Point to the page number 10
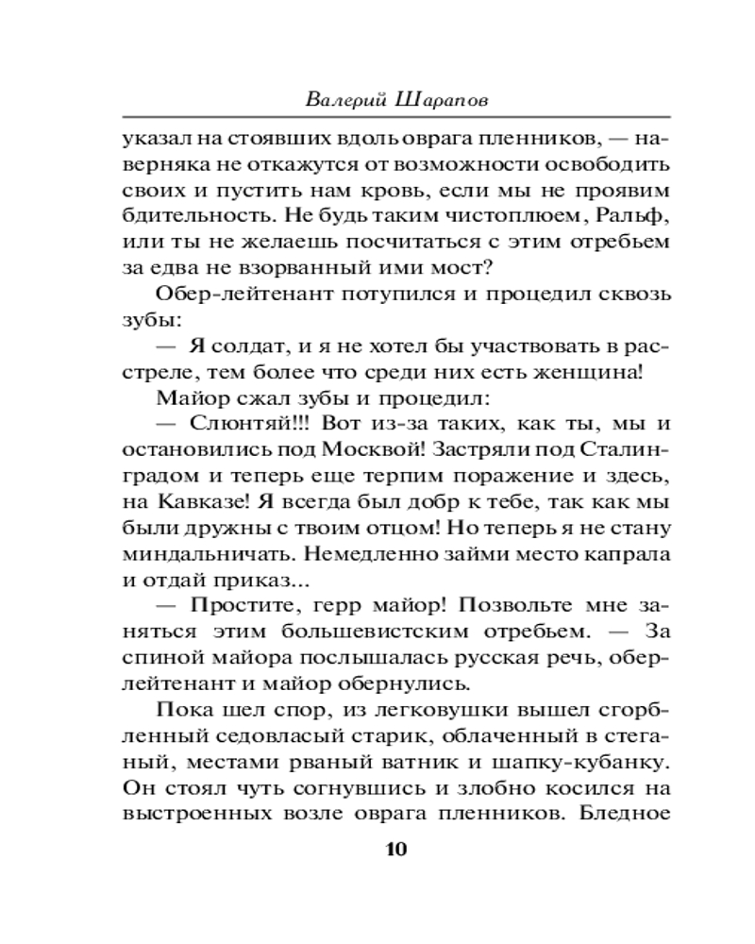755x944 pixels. pos(395,848)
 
